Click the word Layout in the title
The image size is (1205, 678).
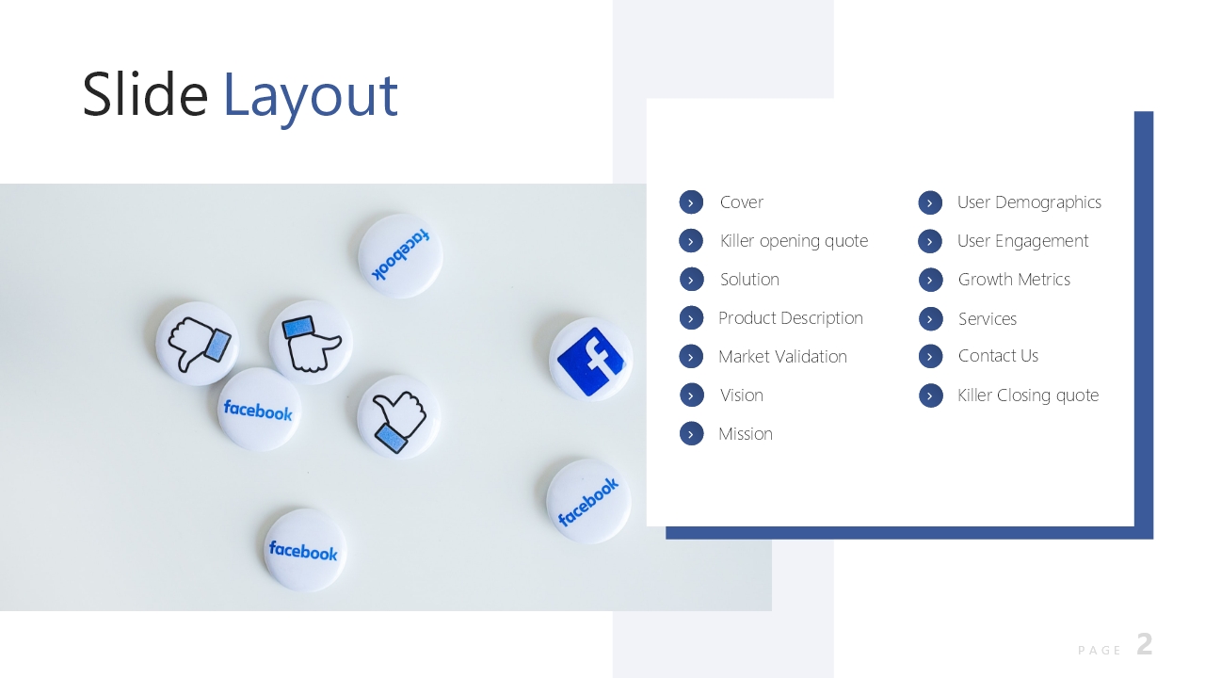311,97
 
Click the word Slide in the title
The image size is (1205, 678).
145,94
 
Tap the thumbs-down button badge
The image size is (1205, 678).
197,344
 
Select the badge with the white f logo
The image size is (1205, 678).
590,359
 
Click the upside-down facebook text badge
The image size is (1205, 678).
400,255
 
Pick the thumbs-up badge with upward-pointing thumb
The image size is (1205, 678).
398,417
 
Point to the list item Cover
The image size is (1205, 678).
741,202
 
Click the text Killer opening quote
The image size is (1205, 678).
794,241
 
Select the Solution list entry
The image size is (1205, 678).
749,280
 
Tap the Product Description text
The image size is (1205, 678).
791,318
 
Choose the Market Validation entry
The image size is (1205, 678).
782,357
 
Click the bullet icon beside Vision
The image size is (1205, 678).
691,395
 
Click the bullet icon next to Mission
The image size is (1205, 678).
691,434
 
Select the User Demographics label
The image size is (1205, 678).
1029,202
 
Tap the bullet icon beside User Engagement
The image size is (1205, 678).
930,242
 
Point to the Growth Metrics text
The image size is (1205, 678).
1014,280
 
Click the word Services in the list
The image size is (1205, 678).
988,319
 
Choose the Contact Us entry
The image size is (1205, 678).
998,356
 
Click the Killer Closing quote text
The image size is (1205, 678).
1028,396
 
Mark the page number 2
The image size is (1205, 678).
1145,644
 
